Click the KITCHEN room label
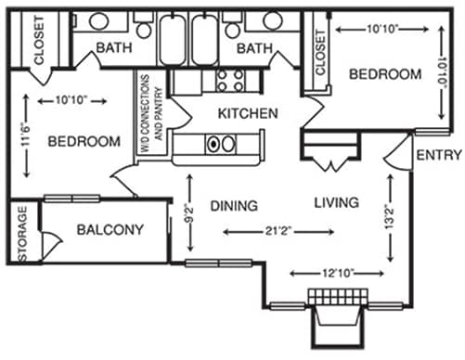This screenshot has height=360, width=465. pyautogui.click(x=247, y=114)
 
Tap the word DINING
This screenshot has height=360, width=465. pyautogui.click(x=228, y=205)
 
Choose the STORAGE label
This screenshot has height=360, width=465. pyautogui.click(x=23, y=232)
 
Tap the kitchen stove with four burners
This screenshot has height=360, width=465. pyautogui.click(x=228, y=81)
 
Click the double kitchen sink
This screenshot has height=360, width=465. pyautogui.click(x=220, y=145)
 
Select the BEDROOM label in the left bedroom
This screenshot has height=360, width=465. pyautogui.click(x=84, y=142)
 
